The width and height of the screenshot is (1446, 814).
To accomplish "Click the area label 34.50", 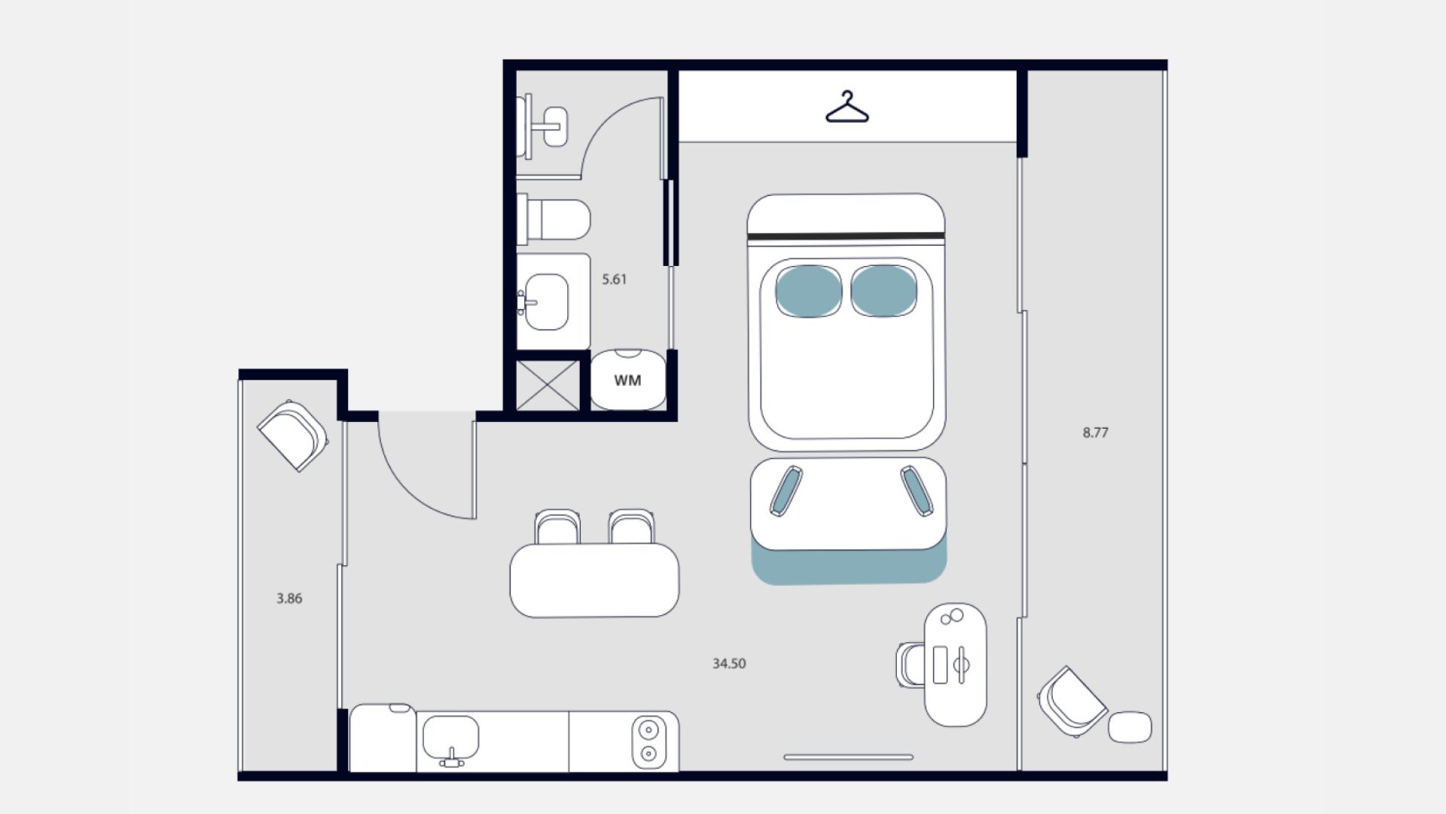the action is pos(729,664).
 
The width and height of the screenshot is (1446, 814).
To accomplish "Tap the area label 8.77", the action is pos(1095,433).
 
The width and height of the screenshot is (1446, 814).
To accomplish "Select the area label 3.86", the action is pos(289,598).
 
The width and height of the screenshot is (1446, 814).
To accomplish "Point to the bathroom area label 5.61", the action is pos(614,280).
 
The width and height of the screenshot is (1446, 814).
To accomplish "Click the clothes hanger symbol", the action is pos(847,107).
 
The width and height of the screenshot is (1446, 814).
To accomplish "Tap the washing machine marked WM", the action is pos(628,380).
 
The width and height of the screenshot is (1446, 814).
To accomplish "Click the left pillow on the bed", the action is pos(809,291).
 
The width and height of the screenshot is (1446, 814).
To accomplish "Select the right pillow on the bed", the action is pos(883,291).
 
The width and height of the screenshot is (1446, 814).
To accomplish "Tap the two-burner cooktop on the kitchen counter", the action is pos(648,742).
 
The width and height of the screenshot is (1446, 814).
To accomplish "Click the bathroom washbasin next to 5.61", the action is pos(545,301).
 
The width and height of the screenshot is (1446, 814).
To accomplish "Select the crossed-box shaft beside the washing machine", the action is pos(548,385).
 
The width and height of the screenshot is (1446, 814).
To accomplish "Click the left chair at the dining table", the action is pos(557,527).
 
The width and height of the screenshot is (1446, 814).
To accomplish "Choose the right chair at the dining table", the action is pos(631,527).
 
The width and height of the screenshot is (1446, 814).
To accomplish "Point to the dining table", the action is pos(594,580).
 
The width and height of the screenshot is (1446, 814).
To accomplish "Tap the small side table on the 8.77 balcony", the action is pos(1130,727).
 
